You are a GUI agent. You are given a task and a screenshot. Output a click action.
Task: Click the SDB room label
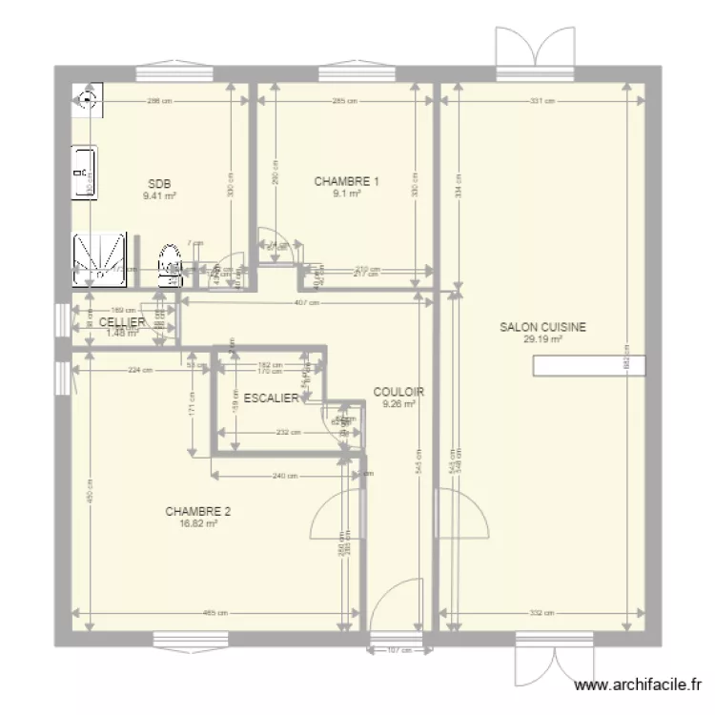(159, 184)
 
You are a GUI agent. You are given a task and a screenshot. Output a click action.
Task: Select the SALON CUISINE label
(543, 327)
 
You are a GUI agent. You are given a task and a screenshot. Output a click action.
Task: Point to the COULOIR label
(398, 392)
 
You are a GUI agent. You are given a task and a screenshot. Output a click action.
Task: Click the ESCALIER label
(272, 398)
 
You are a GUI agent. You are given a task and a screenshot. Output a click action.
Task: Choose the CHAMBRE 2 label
(197, 511)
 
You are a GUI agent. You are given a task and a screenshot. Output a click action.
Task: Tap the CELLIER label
(122, 323)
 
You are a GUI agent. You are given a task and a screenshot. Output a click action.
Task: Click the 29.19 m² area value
(542, 338)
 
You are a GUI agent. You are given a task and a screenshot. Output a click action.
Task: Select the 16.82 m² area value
(197, 522)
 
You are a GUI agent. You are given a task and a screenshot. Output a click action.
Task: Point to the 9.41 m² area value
(159, 195)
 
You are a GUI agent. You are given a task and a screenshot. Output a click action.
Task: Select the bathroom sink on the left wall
(85, 173)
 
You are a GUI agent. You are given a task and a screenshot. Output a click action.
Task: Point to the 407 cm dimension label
(306, 303)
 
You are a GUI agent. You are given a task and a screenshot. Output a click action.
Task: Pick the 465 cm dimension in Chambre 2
(214, 613)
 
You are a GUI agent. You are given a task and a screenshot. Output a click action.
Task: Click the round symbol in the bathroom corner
(87, 97)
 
